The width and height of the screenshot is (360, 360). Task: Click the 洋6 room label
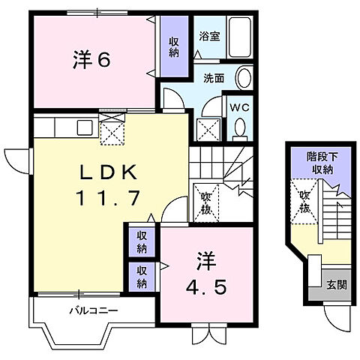pyautogui.click(x=92, y=59)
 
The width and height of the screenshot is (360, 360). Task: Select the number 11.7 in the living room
pyautogui.click(x=109, y=199)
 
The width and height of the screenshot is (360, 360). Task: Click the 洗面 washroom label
pyautogui.click(x=214, y=78)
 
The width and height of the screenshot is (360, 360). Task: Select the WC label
pyautogui.click(x=239, y=107)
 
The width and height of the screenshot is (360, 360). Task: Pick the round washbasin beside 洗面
pyautogui.click(x=244, y=77)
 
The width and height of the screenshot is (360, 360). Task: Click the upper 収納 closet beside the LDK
pyautogui.click(x=142, y=242)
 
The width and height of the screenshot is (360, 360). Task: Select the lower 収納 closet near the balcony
pyautogui.click(x=142, y=276)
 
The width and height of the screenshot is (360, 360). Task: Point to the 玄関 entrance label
pyautogui.click(x=336, y=284)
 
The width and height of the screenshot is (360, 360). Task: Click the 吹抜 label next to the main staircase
pyautogui.click(x=206, y=203)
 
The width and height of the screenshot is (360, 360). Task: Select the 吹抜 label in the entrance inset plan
pyautogui.click(x=304, y=201)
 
